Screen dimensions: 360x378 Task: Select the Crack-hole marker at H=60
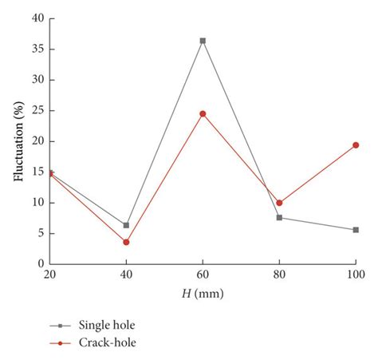click(x=203, y=113)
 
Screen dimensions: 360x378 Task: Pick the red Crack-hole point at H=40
click(x=126, y=242)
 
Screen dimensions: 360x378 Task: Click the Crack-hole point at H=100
click(x=356, y=145)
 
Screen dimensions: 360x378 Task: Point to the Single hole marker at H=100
click(x=356, y=230)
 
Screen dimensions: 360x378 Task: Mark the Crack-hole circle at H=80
click(x=279, y=203)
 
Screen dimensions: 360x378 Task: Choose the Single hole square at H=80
click(x=279, y=217)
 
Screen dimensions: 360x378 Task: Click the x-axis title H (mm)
click(x=203, y=293)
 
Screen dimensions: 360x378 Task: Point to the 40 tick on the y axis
click(x=34, y=18)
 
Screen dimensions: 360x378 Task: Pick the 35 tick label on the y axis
click(x=34, y=49)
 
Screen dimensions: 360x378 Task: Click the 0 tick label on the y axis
click(x=37, y=263)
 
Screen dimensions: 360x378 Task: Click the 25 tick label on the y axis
click(x=34, y=110)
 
